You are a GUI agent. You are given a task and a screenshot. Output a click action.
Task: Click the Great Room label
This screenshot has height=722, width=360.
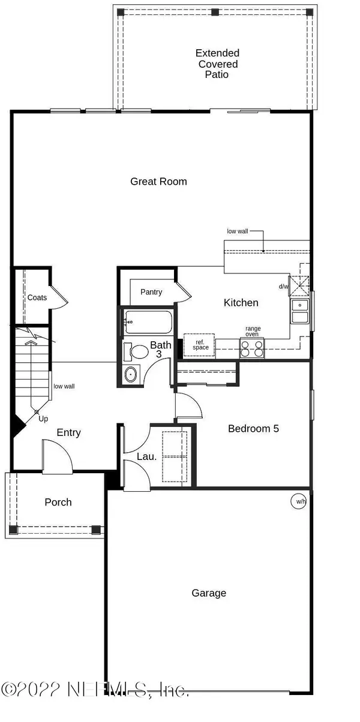pos(158,182)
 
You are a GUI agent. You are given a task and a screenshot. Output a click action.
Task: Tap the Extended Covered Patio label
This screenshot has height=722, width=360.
pos(217,64)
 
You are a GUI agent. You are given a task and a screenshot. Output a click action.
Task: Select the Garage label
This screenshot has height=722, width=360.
pos(209,592)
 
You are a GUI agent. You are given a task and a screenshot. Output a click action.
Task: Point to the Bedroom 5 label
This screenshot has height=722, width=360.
pos(253,428)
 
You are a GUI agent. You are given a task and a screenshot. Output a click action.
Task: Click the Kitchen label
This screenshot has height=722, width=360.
pos(241,303)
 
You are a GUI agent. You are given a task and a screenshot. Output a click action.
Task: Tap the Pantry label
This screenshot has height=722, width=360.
pos(151,291)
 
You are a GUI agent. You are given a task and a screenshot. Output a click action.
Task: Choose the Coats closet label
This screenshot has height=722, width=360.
pos(37,297)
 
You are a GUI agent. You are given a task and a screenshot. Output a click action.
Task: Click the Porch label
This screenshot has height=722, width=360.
pos(58,502)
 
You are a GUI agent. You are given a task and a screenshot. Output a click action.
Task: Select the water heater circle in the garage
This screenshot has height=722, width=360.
pos(298,501)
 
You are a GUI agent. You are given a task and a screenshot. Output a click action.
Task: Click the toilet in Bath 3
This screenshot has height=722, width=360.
pos(136,352)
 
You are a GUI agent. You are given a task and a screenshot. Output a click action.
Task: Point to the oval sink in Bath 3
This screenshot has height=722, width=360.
pos(130,375)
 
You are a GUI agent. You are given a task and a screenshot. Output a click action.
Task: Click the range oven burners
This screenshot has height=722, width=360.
pos(251,348)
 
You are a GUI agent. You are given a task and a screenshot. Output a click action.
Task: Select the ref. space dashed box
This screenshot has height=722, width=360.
pos(199,345)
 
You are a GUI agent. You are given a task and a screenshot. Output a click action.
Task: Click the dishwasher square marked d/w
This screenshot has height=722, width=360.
pos(299,285)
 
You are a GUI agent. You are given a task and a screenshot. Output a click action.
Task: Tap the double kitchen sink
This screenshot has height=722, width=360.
pos(300,311)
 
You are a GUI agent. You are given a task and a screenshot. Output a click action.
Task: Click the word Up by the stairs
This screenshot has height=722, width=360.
pos(43,419)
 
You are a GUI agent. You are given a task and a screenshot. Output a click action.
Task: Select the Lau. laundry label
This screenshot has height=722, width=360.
pos(147,456)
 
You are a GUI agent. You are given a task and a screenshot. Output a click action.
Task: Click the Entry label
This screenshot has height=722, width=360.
pos(69,432)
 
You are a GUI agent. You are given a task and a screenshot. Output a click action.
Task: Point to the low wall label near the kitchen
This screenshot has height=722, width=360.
pos(238,231)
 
